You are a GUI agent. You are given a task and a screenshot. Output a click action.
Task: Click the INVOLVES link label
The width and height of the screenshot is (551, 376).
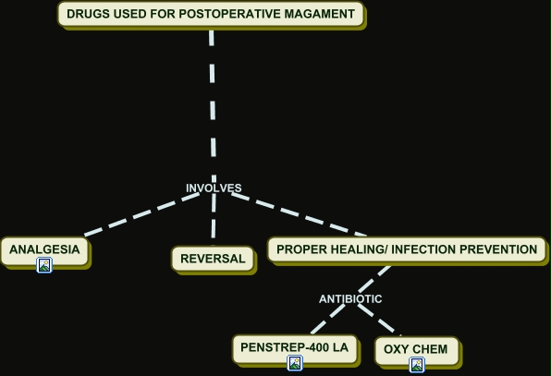(x=214, y=188)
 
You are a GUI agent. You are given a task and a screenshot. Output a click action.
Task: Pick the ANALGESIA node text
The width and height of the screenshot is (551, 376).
(x=44, y=249)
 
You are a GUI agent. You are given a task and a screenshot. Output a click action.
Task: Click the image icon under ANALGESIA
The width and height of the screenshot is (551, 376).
(x=44, y=265)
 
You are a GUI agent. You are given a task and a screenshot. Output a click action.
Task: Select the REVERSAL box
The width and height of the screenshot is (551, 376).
(x=213, y=259)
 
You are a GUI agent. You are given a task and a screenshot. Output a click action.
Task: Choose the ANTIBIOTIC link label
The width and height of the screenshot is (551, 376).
(x=350, y=299)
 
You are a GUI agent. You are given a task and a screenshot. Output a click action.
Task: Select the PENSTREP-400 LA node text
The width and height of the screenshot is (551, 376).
(x=295, y=347)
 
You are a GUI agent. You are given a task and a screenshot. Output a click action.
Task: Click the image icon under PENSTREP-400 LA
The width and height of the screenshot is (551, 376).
(x=295, y=363)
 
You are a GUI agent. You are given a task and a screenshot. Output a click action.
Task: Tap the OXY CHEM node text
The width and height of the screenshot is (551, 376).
(x=416, y=349)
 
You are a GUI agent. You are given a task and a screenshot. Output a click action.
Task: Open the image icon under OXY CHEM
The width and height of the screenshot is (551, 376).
(x=417, y=365)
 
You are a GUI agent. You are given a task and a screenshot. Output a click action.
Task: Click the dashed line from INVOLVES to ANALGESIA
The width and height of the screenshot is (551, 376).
(x=142, y=213)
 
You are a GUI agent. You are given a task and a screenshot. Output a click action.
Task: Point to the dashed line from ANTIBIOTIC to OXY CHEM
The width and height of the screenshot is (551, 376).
(x=380, y=319)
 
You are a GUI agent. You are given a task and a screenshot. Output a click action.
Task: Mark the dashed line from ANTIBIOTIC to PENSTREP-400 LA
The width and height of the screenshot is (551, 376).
(x=328, y=319)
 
